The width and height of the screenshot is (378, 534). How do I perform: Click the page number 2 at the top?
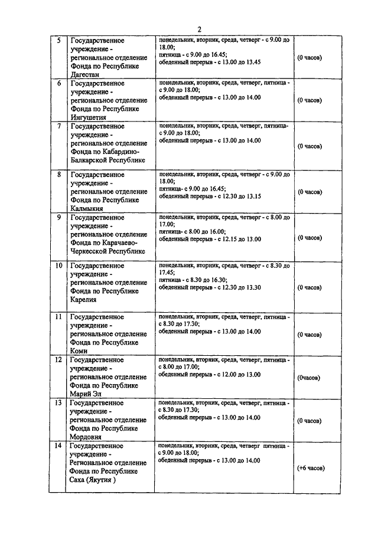[199, 30]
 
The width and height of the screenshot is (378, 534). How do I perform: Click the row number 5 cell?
[58, 41]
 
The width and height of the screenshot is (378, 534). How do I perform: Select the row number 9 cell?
[58, 217]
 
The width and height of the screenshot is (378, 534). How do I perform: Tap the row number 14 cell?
[58, 445]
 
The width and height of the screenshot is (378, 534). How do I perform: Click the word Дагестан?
[86, 75]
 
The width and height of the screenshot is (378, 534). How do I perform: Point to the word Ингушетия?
[90, 117]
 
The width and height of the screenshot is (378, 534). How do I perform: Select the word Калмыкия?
[87, 208]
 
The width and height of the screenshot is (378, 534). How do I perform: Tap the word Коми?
[79, 350]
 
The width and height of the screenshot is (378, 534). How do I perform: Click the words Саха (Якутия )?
[93, 480]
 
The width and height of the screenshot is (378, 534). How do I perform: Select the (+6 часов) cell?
[310, 468]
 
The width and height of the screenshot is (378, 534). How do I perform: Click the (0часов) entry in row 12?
[309, 377]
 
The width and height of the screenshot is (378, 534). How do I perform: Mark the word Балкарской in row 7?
[90, 160]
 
